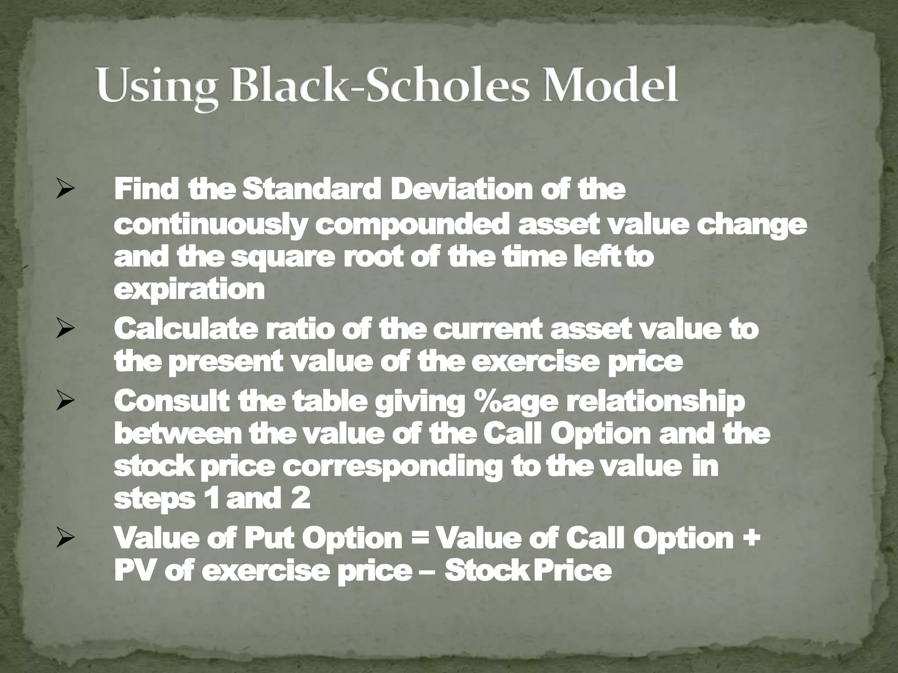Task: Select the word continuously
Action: [x=209, y=225]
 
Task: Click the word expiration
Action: [x=189, y=290]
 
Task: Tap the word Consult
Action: [x=171, y=401]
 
